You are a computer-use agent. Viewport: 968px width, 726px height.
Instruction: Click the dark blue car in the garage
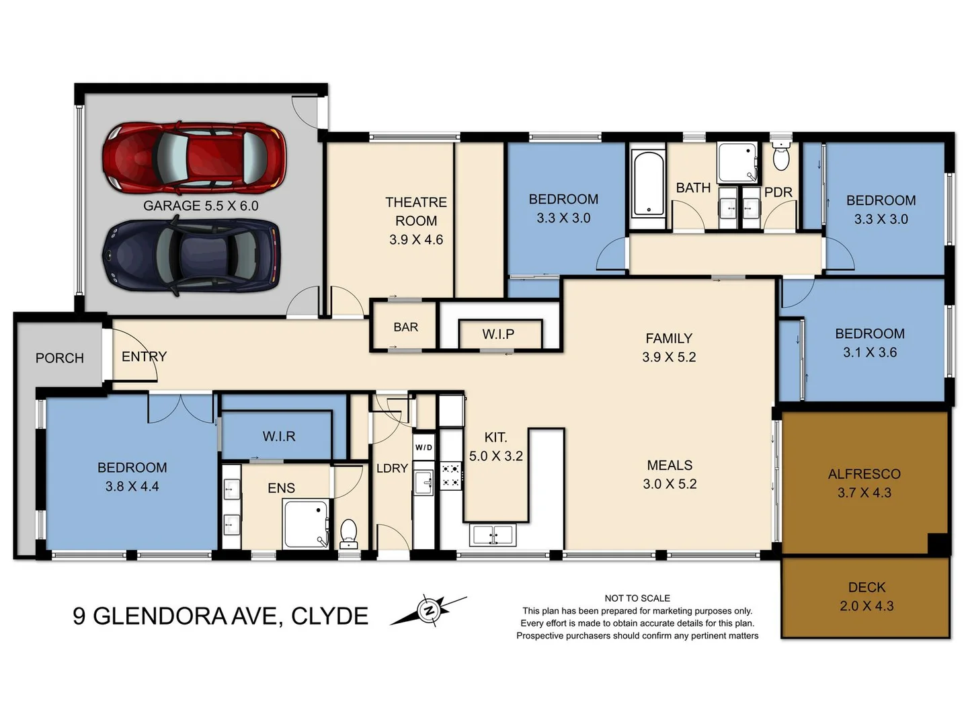[x=191, y=257]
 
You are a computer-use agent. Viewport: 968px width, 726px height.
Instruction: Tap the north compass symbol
[x=428, y=610]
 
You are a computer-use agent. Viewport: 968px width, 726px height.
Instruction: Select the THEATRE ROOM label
[x=415, y=211]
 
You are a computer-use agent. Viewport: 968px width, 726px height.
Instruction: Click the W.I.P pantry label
[x=498, y=334]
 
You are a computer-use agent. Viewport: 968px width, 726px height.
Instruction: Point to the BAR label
[x=405, y=327]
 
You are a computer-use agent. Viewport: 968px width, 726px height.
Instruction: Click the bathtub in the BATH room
[x=648, y=184]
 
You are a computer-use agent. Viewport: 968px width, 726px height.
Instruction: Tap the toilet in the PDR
[x=780, y=157]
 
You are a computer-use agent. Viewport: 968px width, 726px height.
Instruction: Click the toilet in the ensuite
[x=348, y=532]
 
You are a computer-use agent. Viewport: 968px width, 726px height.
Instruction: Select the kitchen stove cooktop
[x=450, y=475]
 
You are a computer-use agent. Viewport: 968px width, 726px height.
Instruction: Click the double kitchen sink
[x=493, y=535]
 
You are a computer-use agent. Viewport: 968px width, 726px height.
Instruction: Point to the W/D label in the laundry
[x=424, y=448]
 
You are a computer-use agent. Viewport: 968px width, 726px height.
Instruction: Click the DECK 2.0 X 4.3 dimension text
[x=866, y=606]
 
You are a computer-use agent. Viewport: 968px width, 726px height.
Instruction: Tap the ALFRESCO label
[x=864, y=474]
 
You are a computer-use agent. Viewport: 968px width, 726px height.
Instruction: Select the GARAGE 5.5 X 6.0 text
[x=200, y=206]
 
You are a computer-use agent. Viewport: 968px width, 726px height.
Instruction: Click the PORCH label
[x=60, y=358]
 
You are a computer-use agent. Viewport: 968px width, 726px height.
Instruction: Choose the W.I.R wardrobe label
[x=279, y=436]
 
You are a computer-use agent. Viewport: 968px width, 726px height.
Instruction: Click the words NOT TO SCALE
[x=637, y=598]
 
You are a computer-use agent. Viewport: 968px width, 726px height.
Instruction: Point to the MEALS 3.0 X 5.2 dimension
[x=670, y=483]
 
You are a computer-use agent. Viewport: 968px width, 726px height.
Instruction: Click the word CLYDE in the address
[x=329, y=616]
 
